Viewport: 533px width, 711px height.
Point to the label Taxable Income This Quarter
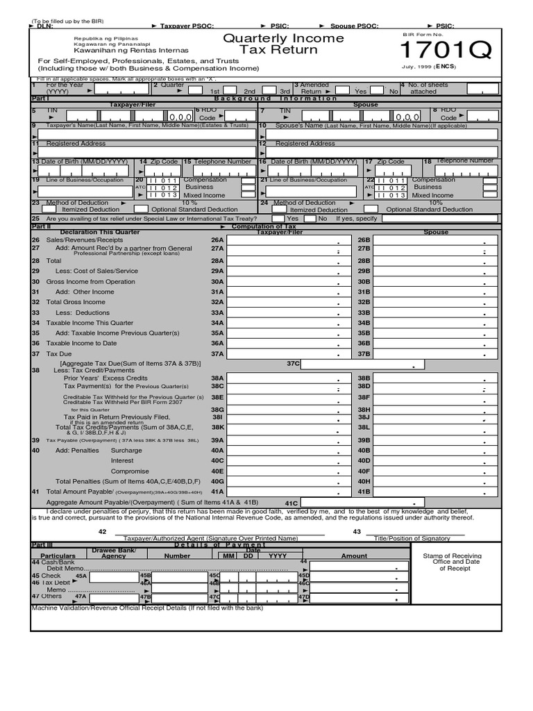pyautogui.click(x=90, y=323)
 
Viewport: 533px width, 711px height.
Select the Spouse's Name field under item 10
pyautogui.click(x=381, y=135)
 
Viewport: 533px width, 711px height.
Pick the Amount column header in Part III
pyautogui.click(x=354, y=556)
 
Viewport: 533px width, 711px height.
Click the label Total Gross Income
pyautogui.click(x=76, y=302)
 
